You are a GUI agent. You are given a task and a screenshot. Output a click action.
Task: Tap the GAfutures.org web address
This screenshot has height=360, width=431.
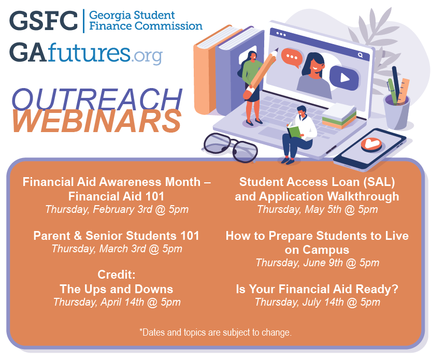coord(85,53)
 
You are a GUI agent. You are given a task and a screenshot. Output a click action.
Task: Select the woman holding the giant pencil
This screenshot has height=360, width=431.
coord(252,85)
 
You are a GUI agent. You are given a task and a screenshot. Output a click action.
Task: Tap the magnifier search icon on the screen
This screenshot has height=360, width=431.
coord(360,54)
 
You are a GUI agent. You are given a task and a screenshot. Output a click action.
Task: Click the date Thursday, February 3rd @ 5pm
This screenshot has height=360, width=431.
coord(117,210)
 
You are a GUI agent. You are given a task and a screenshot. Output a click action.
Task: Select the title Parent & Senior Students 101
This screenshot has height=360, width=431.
coord(117,236)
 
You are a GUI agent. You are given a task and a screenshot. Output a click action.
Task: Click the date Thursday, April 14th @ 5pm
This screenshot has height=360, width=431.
coord(117,302)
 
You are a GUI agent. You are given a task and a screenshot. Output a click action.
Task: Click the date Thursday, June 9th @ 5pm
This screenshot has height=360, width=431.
coord(317,263)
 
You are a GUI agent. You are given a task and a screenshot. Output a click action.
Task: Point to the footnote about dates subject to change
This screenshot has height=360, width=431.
coord(215,332)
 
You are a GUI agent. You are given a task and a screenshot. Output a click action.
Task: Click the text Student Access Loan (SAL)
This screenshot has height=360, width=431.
coord(317,182)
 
